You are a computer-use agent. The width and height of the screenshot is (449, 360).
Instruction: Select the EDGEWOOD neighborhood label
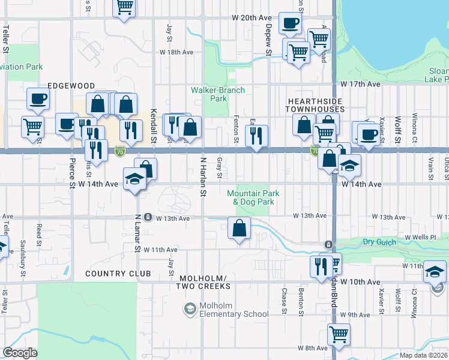pos(71,86)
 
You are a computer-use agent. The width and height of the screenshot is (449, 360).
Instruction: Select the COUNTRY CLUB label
pos(113,274)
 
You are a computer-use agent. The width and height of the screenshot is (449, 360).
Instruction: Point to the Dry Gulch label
pos(377,242)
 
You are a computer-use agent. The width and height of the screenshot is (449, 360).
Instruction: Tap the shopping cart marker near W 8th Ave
pos(339,334)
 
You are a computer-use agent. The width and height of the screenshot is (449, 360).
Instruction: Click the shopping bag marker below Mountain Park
pos(239,228)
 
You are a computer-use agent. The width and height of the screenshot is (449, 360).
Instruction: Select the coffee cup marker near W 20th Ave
pos(291,23)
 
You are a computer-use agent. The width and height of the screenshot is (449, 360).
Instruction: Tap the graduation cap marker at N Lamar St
pos(134,178)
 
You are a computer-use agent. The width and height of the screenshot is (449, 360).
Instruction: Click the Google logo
pos(20,353)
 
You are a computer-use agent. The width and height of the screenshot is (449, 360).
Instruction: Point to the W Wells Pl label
pos(420,238)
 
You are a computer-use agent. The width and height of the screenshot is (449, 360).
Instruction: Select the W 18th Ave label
pos(176,52)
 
